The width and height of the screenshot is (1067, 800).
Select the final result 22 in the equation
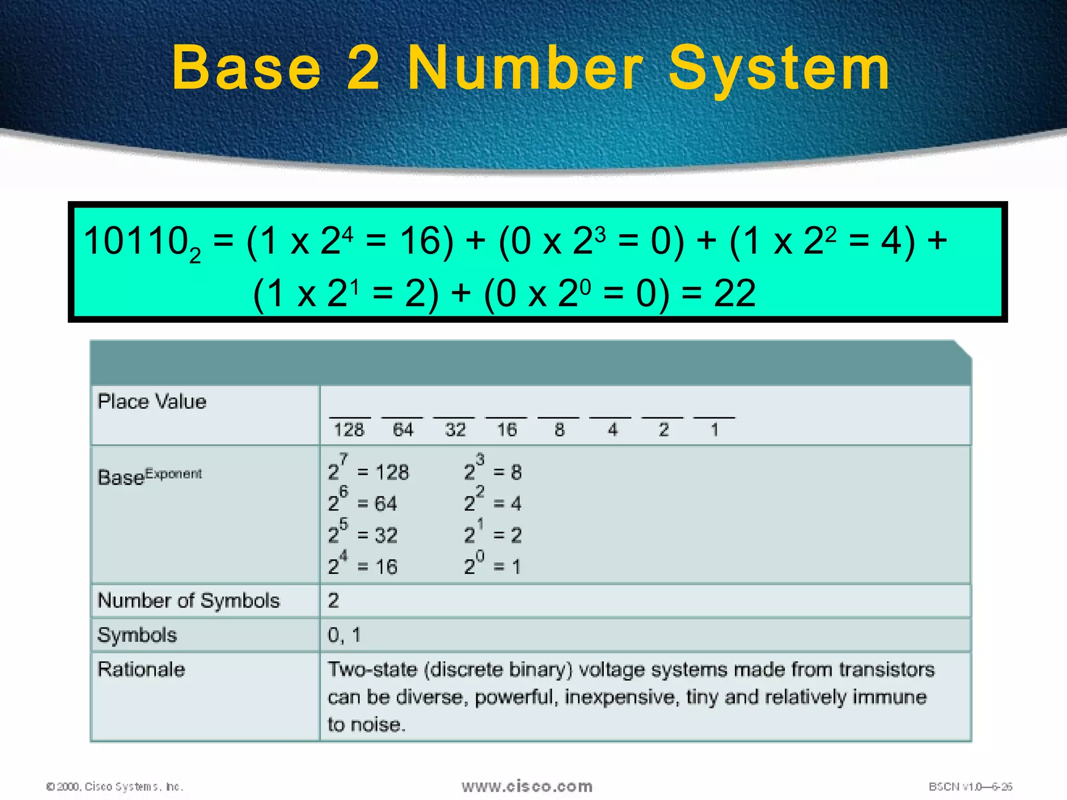pyautogui.click(x=734, y=293)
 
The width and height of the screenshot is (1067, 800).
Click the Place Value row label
pyautogui.click(x=152, y=402)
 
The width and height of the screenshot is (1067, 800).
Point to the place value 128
pyautogui.click(x=349, y=430)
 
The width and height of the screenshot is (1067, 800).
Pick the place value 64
pyautogui.click(x=403, y=430)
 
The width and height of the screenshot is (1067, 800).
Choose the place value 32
pyautogui.click(x=455, y=430)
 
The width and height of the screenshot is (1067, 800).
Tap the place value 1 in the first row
pyautogui.click(x=714, y=430)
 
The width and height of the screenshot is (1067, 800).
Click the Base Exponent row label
pyautogui.click(x=150, y=476)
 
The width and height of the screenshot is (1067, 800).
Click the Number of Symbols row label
pyautogui.click(x=189, y=601)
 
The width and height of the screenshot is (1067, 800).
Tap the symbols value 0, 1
pyautogui.click(x=344, y=635)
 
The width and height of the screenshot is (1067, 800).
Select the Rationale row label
pyautogui.click(x=141, y=669)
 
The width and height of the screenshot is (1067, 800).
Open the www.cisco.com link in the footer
pyautogui.click(x=527, y=786)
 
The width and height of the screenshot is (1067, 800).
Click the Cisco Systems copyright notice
pyautogui.click(x=115, y=786)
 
